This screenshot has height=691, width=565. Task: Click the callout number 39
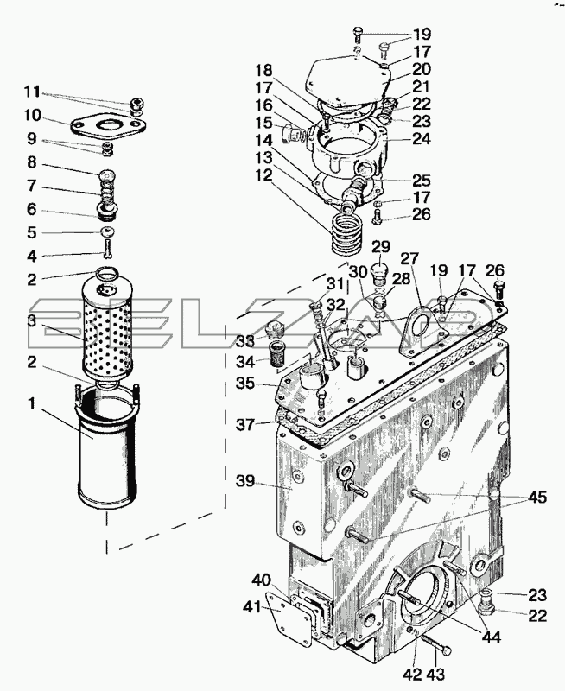tap(245, 481)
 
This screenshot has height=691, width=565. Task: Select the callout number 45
tap(536, 498)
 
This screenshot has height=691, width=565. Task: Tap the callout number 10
tap(33, 116)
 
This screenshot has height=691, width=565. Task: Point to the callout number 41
tap(252, 608)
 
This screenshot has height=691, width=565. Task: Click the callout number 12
tap(264, 175)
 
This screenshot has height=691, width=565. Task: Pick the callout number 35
tap(245, 384)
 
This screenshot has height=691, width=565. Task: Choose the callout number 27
tap(409, 258)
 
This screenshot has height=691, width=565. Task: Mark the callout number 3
tap(31, 321)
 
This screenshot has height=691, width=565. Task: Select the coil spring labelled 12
tap(346, 232)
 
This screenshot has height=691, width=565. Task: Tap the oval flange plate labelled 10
tap(107, 125)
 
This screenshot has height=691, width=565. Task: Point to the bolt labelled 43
tap(437, 647)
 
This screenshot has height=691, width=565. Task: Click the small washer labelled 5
tap(107, 231)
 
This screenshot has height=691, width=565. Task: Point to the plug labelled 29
tap(379, 275)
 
